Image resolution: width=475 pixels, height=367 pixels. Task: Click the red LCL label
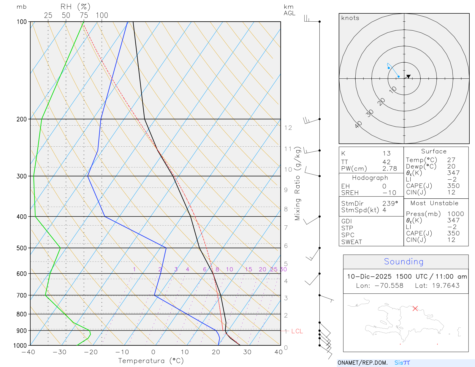(297, 331)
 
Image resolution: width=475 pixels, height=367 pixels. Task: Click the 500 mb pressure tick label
(22, 248)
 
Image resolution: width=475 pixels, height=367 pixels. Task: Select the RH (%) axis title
(75, 7)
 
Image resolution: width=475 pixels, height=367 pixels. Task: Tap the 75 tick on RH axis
(84, 15)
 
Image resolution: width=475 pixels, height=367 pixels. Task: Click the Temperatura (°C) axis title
(151, 361)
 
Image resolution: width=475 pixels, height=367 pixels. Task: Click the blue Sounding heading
(403, 262)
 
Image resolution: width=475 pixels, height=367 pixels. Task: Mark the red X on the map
(415, 309)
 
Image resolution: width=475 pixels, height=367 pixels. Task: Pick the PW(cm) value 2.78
(389, 169)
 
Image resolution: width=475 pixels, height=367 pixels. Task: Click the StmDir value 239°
(390, 204)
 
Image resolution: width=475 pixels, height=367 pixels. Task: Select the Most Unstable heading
(434, 203)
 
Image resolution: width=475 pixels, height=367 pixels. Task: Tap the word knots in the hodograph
(350, 18)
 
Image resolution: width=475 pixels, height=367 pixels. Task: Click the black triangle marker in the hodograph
(408, 77)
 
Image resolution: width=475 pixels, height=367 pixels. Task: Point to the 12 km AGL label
(288, 128)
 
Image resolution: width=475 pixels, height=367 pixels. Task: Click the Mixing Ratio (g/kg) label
(297, 183)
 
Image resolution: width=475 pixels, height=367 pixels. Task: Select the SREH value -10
(389, 193)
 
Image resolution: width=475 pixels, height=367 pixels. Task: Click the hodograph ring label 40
(358, 124)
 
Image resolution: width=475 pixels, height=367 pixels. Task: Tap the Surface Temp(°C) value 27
(451, 160)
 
